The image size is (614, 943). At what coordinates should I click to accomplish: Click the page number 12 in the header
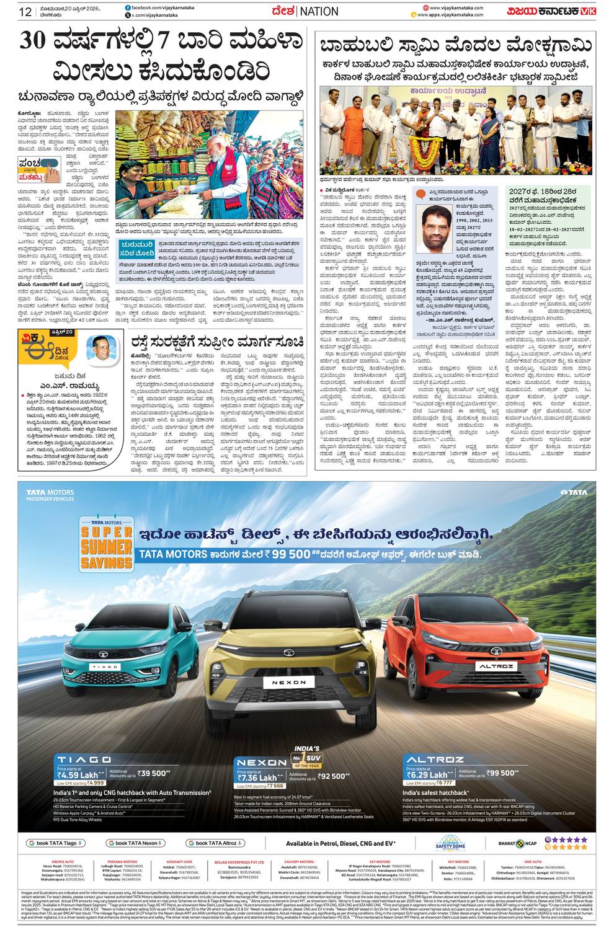[25, 11]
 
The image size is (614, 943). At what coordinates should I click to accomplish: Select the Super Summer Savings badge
[105, 545]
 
